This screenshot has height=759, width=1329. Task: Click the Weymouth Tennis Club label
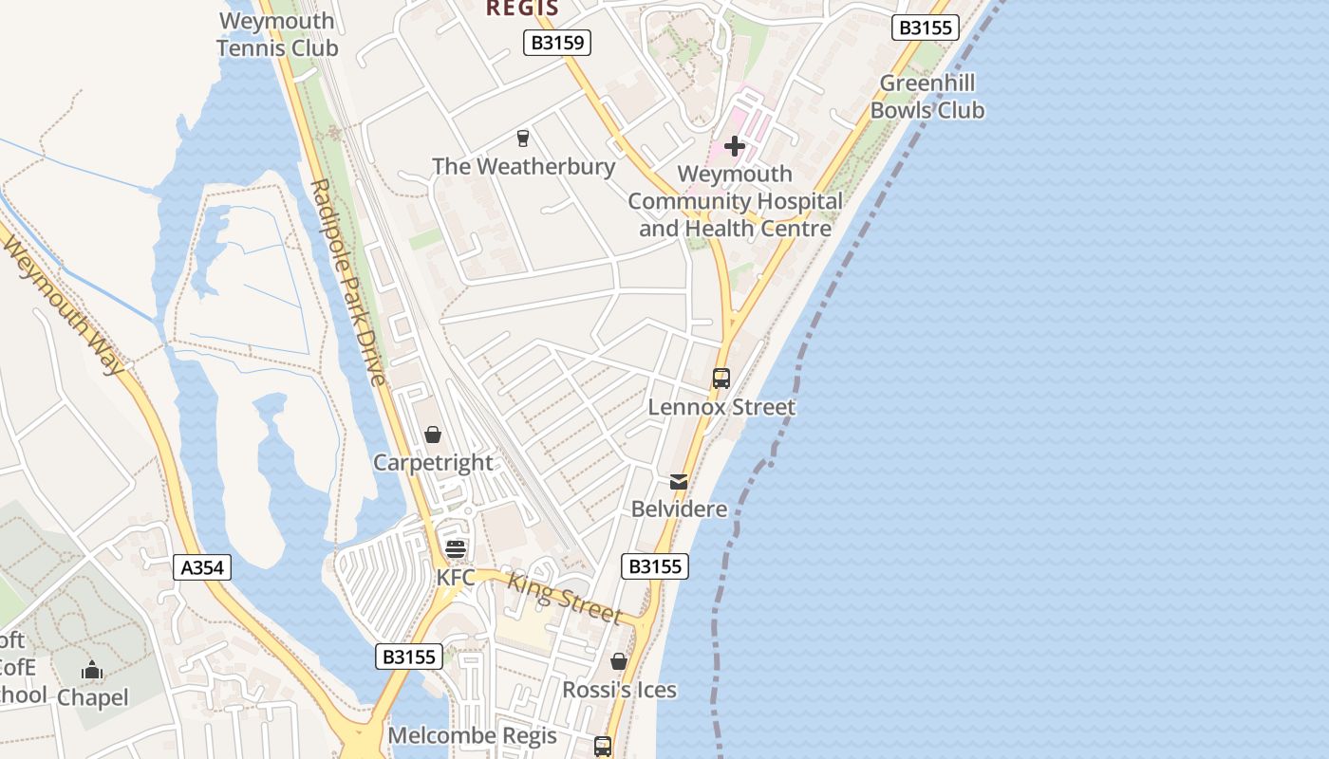pos(276,34)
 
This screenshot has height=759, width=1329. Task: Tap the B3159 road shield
pos(557,42)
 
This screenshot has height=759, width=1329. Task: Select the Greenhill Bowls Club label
pos(927,97)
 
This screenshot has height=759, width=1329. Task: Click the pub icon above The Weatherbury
pos(522,139)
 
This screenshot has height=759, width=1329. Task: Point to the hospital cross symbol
pos(734,146)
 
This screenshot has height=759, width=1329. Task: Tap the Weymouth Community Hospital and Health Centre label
pos(735,201)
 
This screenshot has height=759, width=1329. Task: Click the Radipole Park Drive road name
pos(348,282)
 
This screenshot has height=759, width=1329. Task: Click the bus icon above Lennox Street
pos(721,379)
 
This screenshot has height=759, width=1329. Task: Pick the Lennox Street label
pos(721,407)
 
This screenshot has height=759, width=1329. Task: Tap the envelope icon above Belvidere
pos(679,482)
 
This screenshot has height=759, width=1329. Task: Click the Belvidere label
pos(680,509)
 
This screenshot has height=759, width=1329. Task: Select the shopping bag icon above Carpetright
pos(433,435)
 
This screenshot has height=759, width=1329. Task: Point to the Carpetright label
pos(433,463)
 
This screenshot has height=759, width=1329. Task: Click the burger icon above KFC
pos(456,549)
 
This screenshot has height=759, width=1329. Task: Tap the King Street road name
pos(565,598)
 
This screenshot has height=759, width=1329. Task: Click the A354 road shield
pos(202,567)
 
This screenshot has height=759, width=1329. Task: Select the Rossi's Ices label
pos(619,690)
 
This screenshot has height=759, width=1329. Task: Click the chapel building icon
pos(92,671)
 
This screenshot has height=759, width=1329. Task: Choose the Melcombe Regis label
pos(473,735)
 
